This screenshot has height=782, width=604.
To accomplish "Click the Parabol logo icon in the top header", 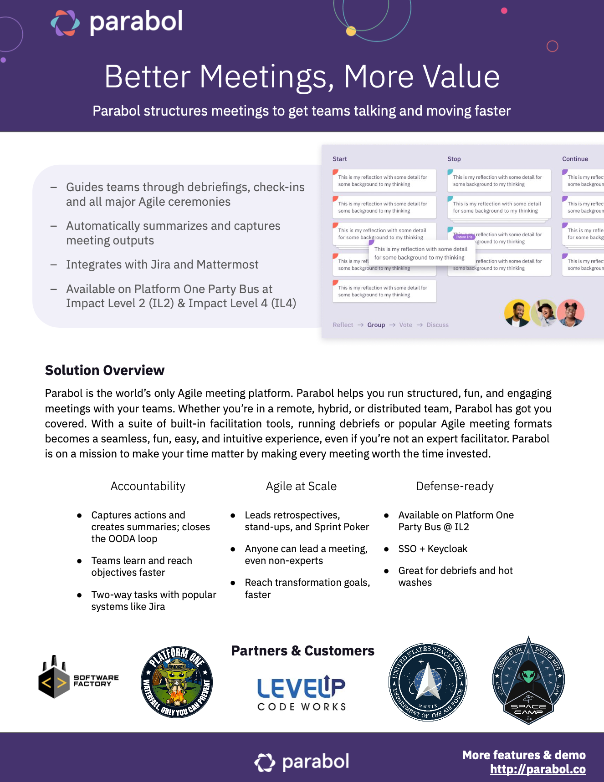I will [x=65, y=23].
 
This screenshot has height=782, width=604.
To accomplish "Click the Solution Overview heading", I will [x=105, y=371].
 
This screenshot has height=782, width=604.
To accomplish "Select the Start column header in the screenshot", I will [x=340, y=159].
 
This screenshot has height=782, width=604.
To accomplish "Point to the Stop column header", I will [x=454, y=159].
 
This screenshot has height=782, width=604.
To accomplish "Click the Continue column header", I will [x=575, y=159].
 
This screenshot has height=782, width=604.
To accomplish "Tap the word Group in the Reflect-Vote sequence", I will [x=376, y=325].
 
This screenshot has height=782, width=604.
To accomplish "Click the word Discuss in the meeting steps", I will [x=437, y=325].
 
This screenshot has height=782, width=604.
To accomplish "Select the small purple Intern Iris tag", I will [x=464, y=237].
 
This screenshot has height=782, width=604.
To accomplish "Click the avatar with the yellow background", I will [x=517, y=313].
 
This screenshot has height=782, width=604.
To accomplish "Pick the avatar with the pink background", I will [x=571, y=313].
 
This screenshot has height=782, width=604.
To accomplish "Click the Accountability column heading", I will [x=148, y=486].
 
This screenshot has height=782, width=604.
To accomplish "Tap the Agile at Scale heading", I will [x=301, y=486].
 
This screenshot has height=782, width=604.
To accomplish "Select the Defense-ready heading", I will [x=455, y=486].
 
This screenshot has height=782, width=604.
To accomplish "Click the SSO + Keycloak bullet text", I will [x=433, y=549].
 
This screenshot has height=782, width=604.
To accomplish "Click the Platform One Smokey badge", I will [x=177, y=682].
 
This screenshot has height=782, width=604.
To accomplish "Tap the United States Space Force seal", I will [x=428, y=682].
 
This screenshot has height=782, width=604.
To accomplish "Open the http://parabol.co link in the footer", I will [x=537, y=769].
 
